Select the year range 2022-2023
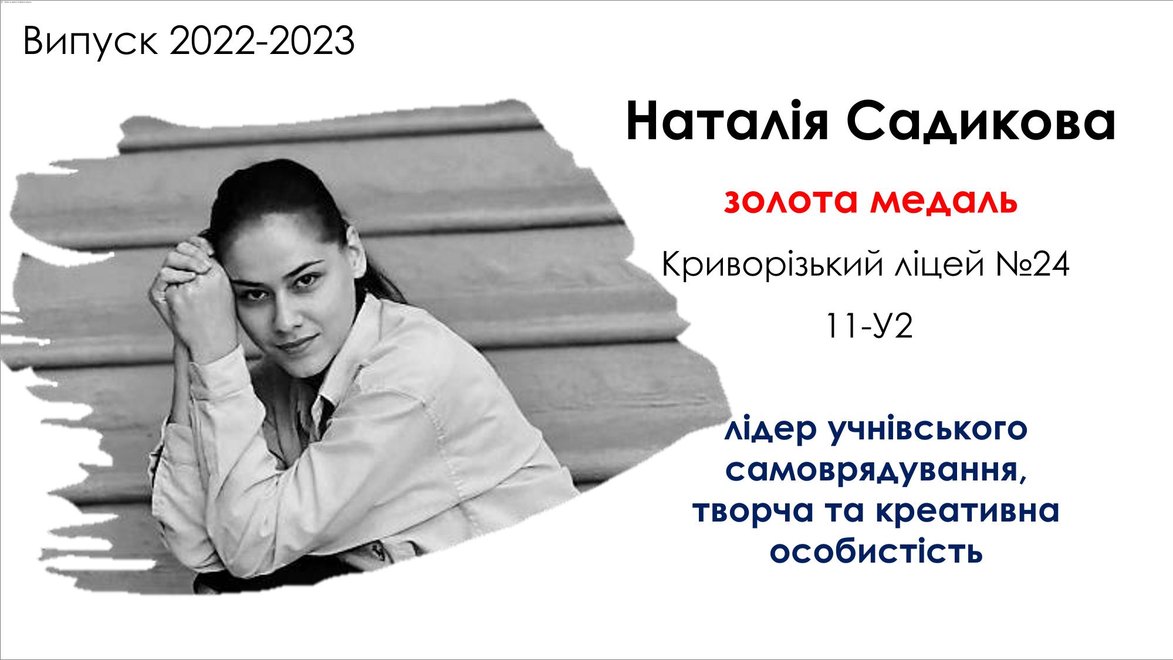(x=262, y=41)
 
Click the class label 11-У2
(x=869, y=326)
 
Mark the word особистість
(x=876, y=550)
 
